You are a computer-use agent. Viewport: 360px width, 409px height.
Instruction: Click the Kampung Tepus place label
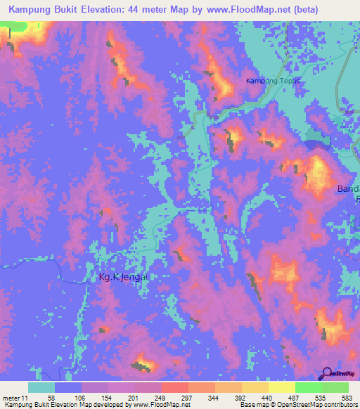(273, 81)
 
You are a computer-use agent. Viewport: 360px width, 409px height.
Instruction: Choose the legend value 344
(214, 398)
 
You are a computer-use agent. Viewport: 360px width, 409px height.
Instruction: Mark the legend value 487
(295, 398)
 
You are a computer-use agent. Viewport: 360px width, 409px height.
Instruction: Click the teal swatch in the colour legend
(41, 387)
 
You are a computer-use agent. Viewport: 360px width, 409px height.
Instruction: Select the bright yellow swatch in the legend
(281, 387)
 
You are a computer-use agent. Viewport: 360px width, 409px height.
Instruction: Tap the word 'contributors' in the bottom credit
(340, 405)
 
